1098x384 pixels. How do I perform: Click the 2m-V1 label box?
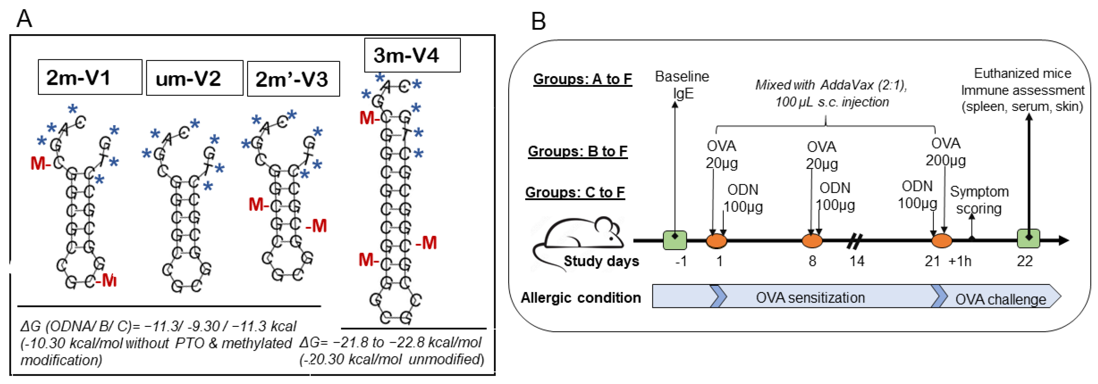[x=90, y=77]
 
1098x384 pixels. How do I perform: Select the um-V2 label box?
[x=195, y=78]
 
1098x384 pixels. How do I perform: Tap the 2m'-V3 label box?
[x=293, y=79]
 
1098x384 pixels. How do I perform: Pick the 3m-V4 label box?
[x=412, y=55]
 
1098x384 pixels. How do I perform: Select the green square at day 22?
[x=1029, y=238]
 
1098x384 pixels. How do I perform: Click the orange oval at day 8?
[x=812, y=240]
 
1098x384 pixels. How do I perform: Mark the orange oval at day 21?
[x=941, y=240]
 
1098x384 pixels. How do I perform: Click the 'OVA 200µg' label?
[x=945, y=152]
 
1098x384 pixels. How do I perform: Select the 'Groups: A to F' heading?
[x=582, y=79]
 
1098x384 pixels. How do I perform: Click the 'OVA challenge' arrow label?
[x=1000, y=299]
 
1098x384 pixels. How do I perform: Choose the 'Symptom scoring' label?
[x=979, y=200]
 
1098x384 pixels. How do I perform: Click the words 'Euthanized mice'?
[x=1022, y=73]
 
